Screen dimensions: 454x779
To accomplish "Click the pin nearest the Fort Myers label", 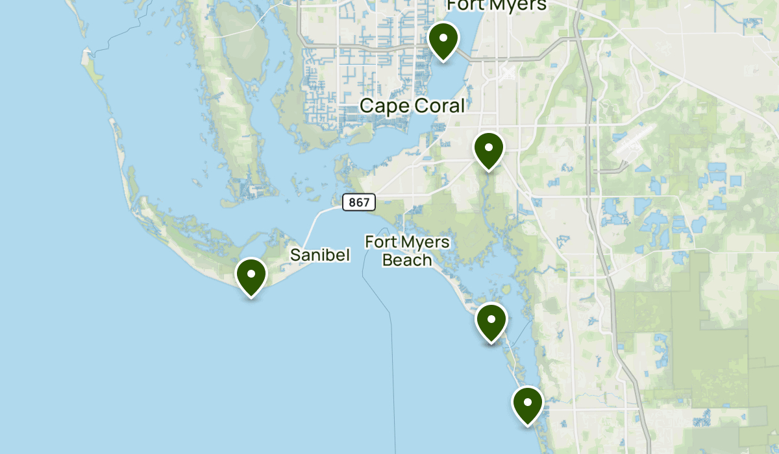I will (x=443, y=40).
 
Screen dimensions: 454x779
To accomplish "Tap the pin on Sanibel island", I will (x=251, y=276).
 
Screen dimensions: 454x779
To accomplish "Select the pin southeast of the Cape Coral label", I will (x=489, y=150).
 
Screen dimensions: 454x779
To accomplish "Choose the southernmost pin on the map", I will (x=528, y=404).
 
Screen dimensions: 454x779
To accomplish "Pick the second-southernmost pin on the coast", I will (x=491, y=322).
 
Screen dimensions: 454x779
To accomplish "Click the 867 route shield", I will (x=358, y=202).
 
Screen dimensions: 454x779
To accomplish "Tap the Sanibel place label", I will (x=320, y=255).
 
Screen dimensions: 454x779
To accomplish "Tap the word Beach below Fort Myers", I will (x=407, y=260).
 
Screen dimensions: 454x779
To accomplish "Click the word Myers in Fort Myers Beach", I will (x=425, y=242).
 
